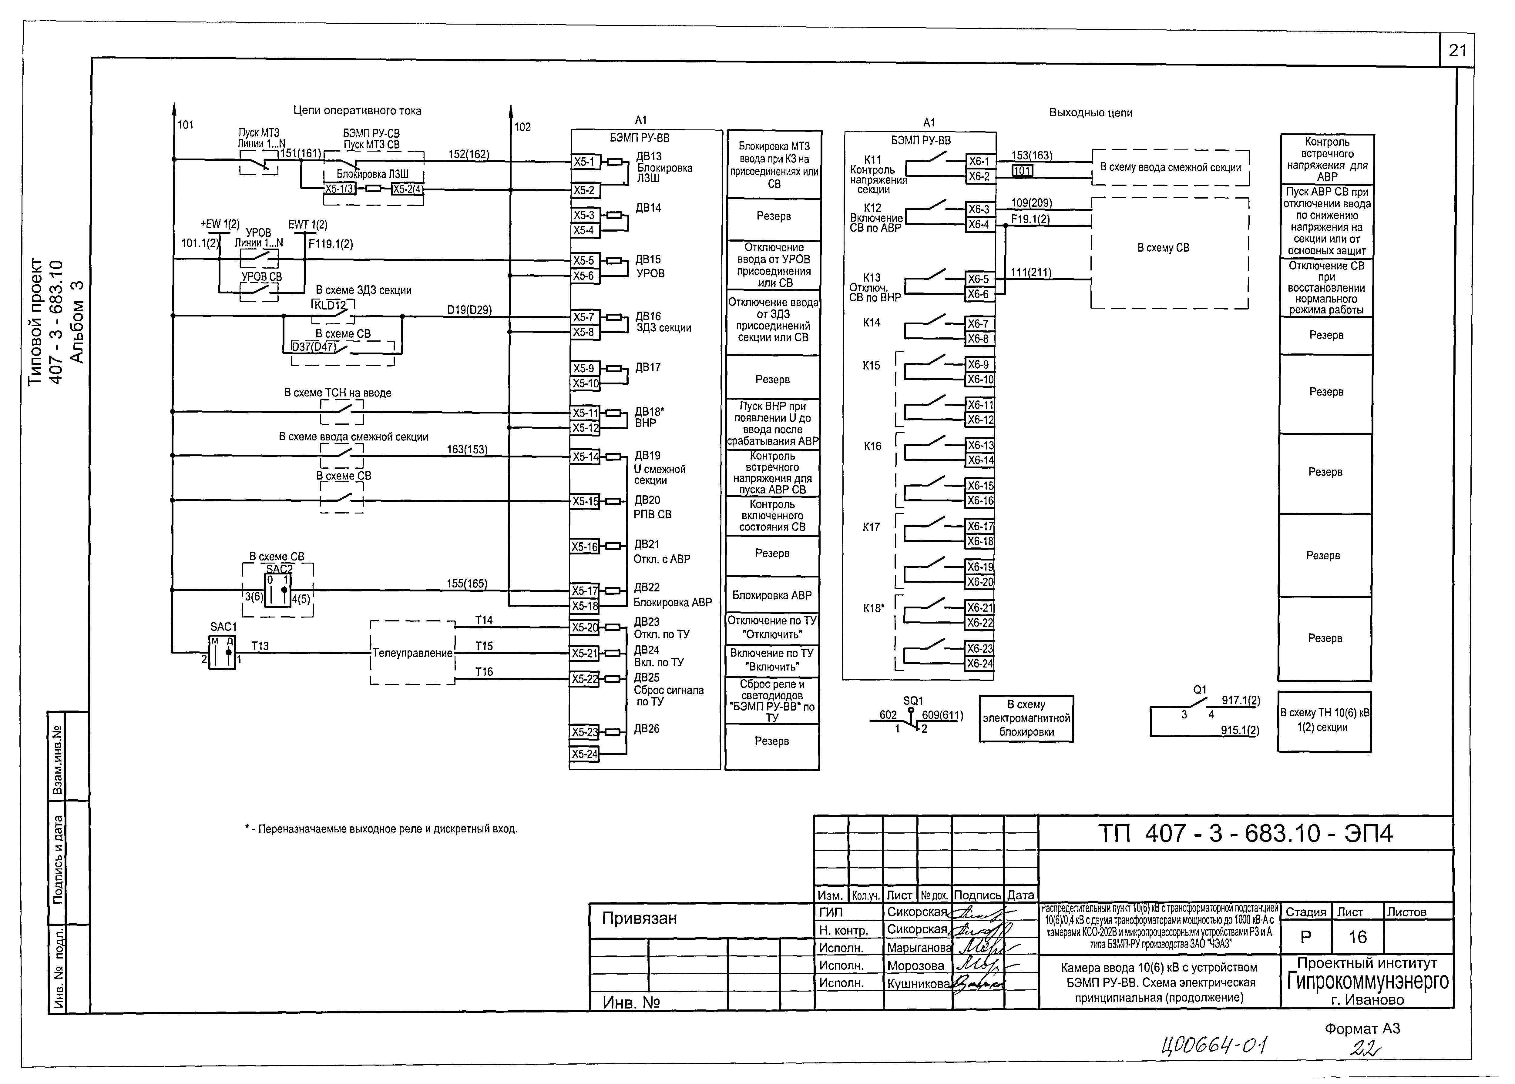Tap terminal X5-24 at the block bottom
point(584,754)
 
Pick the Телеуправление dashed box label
point(412,653)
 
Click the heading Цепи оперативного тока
point(357,111)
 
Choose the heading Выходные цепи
point(1090,113)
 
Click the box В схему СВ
point(1163,248)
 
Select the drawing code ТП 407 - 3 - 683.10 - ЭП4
point(1245,834)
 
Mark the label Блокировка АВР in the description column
point(772,595)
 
